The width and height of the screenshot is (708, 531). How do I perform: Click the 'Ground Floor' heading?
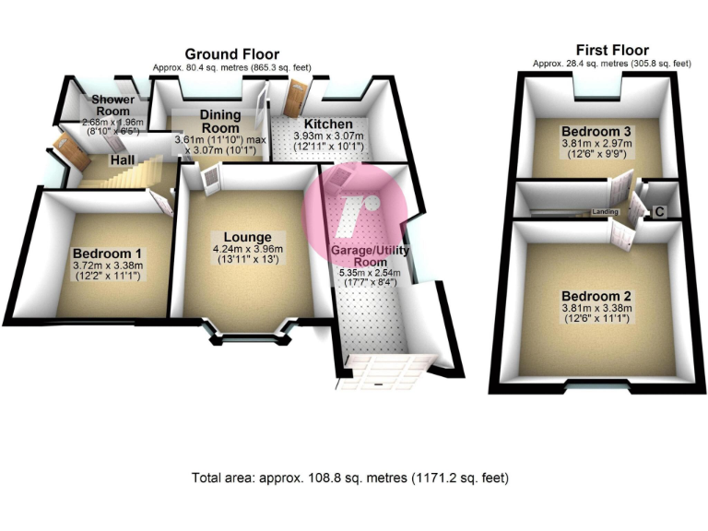(x=232, y=54)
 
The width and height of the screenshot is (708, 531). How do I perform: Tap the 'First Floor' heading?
(x=612, y=50)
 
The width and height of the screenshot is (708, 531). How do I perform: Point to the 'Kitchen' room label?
(x=328, y=124)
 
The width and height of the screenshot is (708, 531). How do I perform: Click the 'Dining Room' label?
(x=220, y=121)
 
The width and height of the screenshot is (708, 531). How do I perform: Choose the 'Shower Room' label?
(x=112, y=105)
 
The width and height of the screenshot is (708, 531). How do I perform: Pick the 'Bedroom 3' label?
(x=596, y=131)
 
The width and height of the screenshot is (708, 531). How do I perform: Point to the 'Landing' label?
(x=605, y=211)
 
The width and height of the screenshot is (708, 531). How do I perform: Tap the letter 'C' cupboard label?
(x=658, y=211)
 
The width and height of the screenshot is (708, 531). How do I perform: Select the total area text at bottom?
(x=349, y=478)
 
